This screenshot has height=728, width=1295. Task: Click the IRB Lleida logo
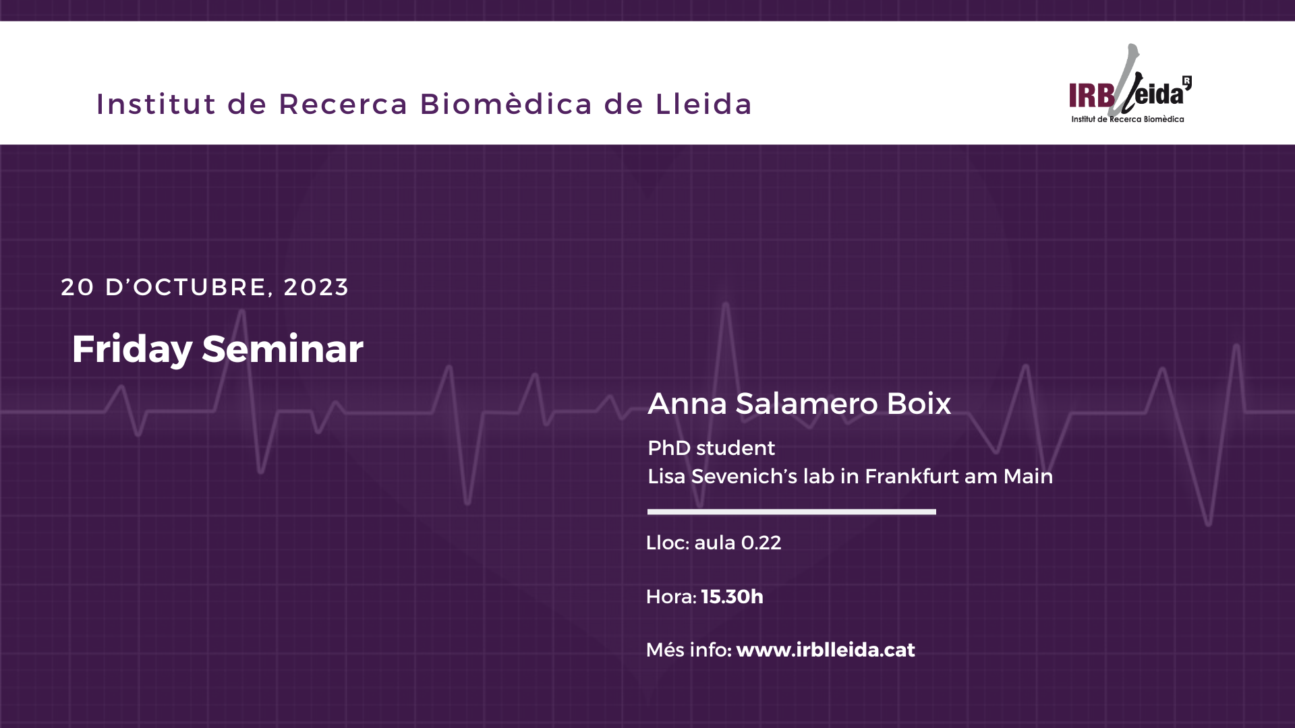1130,84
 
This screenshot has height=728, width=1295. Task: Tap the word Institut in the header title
156,104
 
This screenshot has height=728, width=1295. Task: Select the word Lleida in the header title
703,104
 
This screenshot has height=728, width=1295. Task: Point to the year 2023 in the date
316,287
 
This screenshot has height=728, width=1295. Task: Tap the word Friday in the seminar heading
132,349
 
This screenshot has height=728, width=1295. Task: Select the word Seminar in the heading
283,349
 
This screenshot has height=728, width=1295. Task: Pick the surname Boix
918,404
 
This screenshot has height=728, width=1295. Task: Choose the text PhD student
712,448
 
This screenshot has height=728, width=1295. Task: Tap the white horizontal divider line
792,512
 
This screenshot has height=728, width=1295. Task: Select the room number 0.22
761,543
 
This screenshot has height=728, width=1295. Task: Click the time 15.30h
732,597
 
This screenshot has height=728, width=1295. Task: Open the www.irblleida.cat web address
826,650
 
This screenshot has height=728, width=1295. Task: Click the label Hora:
671,597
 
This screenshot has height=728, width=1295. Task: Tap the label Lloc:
668,543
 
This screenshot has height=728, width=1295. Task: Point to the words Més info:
689,650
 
